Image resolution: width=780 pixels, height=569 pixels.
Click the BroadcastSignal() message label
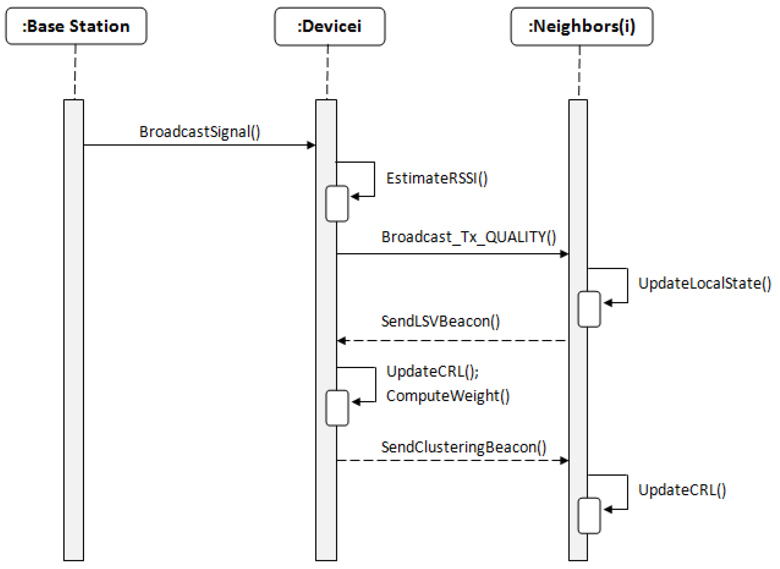tap(200, 132)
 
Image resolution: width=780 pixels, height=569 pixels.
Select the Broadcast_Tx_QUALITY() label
tap(468, 237)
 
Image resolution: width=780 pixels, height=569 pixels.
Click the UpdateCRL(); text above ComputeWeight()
tap(432, 371)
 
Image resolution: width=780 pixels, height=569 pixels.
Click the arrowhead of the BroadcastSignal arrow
tap(311, 145)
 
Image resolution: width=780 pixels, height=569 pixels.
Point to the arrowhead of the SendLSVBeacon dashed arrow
tap(341, 341)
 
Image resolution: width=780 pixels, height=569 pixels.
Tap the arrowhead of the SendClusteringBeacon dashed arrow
tap(564, 460)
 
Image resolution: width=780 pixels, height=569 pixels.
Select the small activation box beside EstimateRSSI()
tap(337, 203)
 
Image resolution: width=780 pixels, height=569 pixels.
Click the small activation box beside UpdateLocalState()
tap(589, 309)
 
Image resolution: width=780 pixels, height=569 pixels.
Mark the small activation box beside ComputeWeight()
tap(337, 408)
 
